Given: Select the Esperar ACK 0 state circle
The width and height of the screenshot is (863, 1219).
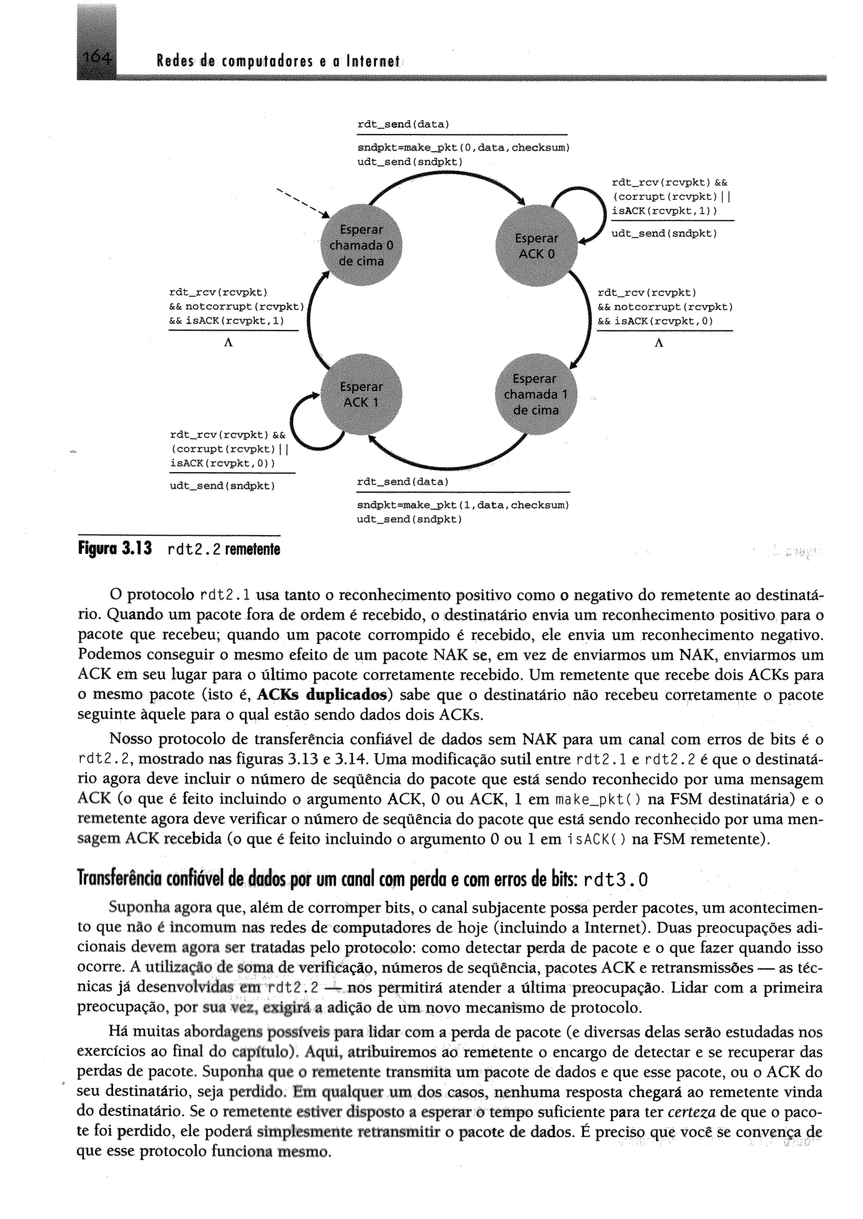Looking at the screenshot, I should click(x=536, y=246).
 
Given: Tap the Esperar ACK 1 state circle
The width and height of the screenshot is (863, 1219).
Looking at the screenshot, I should click(x=362, y=394).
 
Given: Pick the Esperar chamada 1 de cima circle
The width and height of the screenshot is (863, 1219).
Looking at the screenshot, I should click(x=535, y=394).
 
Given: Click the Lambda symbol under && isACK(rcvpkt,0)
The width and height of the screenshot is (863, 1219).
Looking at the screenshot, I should click(x=659, y=343).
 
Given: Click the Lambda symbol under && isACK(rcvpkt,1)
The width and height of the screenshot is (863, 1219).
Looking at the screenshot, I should click(x=228, y=343).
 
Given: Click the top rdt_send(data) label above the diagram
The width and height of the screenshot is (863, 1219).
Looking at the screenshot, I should click(x=403, y=124).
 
